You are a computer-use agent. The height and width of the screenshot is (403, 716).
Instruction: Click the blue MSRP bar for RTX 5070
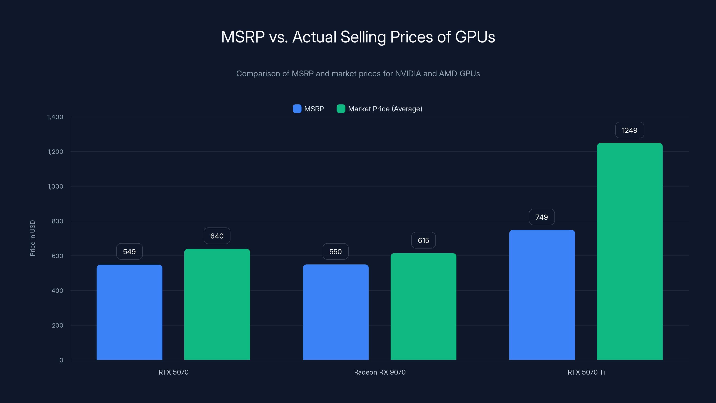coord(129,312)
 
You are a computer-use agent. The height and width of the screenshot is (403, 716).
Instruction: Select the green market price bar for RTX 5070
coord(217,304)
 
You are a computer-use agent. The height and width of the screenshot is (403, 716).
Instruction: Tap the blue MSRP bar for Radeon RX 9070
coord(335,312)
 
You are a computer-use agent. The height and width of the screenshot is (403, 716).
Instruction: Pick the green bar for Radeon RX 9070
coord(423,307)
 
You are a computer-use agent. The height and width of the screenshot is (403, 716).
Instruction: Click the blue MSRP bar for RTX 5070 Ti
coord(542,295)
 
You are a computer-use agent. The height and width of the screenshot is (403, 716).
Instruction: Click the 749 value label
coord(541,217)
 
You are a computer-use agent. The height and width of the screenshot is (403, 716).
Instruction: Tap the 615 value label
coord(423,240)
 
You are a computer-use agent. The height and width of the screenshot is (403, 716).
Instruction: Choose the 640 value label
coord(217,236)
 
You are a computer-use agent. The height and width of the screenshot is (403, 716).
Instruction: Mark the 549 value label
coord(129,251)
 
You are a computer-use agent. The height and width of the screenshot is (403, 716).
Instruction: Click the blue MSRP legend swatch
coord(297,109)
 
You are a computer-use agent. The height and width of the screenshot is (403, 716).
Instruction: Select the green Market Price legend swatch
coord(341,109)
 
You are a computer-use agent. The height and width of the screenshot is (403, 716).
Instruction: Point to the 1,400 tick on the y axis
coord(55,117)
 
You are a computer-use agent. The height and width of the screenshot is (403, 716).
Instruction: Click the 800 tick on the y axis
coord(57,221)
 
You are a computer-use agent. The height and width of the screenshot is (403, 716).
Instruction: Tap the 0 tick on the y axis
coord(61,360)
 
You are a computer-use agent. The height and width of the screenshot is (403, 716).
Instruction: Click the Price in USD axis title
coord(32,238)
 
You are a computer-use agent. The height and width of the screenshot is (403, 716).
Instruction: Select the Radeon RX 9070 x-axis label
coord(380,372)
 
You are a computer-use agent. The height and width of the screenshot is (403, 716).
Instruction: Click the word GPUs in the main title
coord(475,37)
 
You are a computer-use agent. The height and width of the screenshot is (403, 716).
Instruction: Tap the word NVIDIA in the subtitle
coord(408,73)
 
